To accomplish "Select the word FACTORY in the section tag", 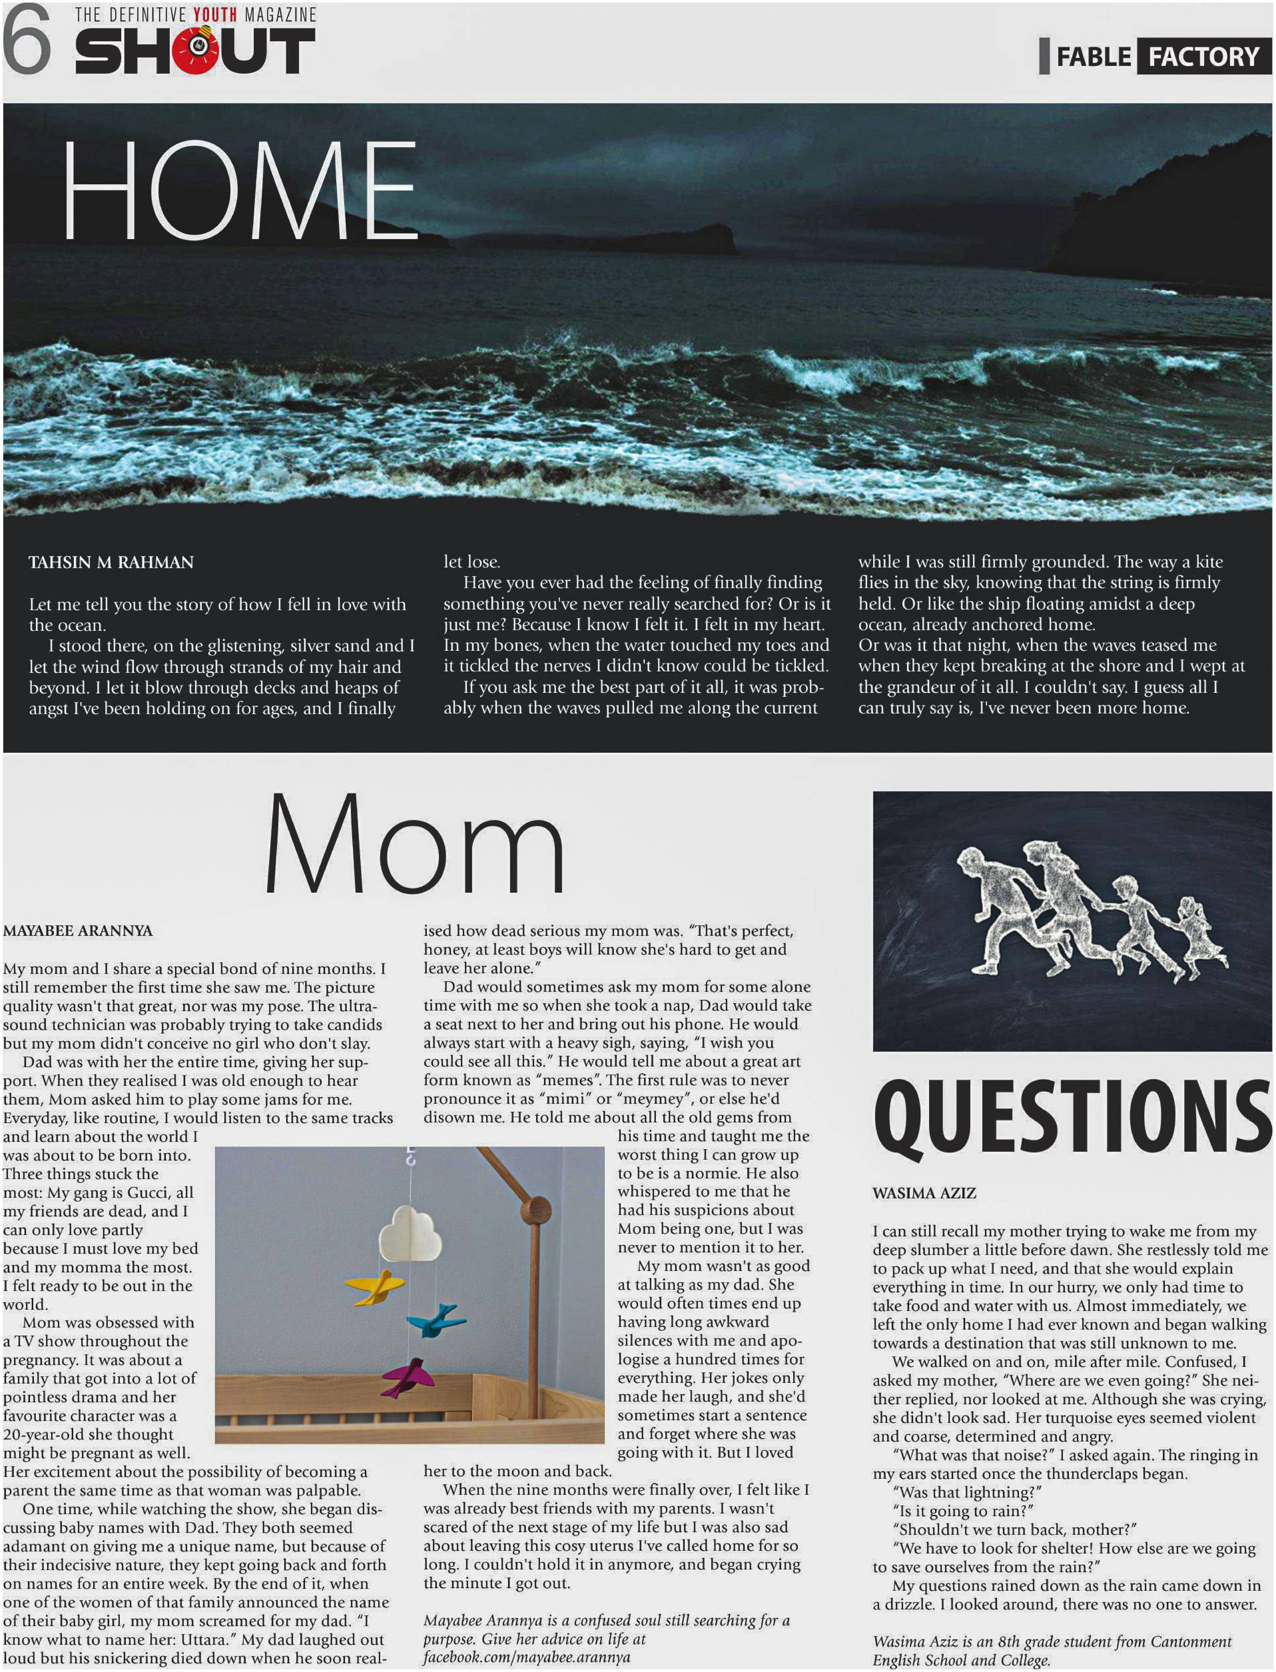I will point(1203,56).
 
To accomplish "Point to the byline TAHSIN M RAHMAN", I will point(111,563).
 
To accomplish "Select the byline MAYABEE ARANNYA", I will point(78,931).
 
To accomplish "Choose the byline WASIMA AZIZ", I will point(924,1194).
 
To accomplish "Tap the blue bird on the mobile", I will point(435,1320).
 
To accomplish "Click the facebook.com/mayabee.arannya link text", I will point(526,1657).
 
